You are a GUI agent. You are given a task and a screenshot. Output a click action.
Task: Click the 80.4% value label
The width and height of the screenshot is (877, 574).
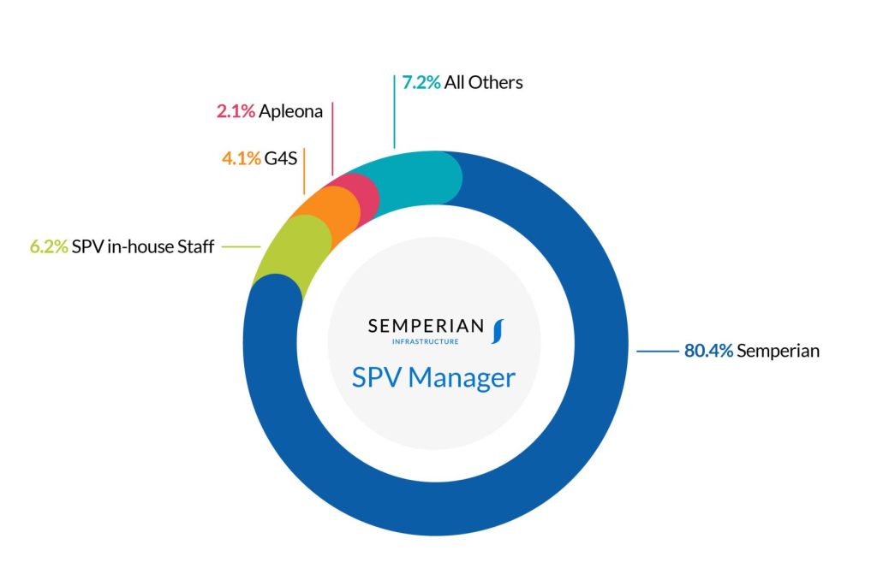click(708, 351)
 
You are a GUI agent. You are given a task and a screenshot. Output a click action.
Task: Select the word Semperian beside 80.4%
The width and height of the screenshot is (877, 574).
click(779, 351)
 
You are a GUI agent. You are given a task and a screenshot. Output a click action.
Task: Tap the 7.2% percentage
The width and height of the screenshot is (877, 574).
click(421, 83)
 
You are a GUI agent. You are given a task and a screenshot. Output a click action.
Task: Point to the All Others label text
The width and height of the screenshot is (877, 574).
click(483, 83)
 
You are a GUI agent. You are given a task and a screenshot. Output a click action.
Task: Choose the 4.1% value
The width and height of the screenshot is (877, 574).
click(240, 158)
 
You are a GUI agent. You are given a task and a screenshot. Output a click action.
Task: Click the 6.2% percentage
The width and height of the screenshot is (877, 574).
click(49, 247)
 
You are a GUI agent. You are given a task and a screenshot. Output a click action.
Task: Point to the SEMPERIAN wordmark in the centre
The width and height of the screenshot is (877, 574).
click(426, 326)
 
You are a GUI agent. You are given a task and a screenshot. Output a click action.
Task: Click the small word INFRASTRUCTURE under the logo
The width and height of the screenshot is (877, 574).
click(425, 341)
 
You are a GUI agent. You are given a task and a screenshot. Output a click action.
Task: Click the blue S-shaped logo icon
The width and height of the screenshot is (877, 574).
click(498, 330)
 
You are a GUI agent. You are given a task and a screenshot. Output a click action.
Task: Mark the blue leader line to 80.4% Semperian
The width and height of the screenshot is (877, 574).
click(657, 351)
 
